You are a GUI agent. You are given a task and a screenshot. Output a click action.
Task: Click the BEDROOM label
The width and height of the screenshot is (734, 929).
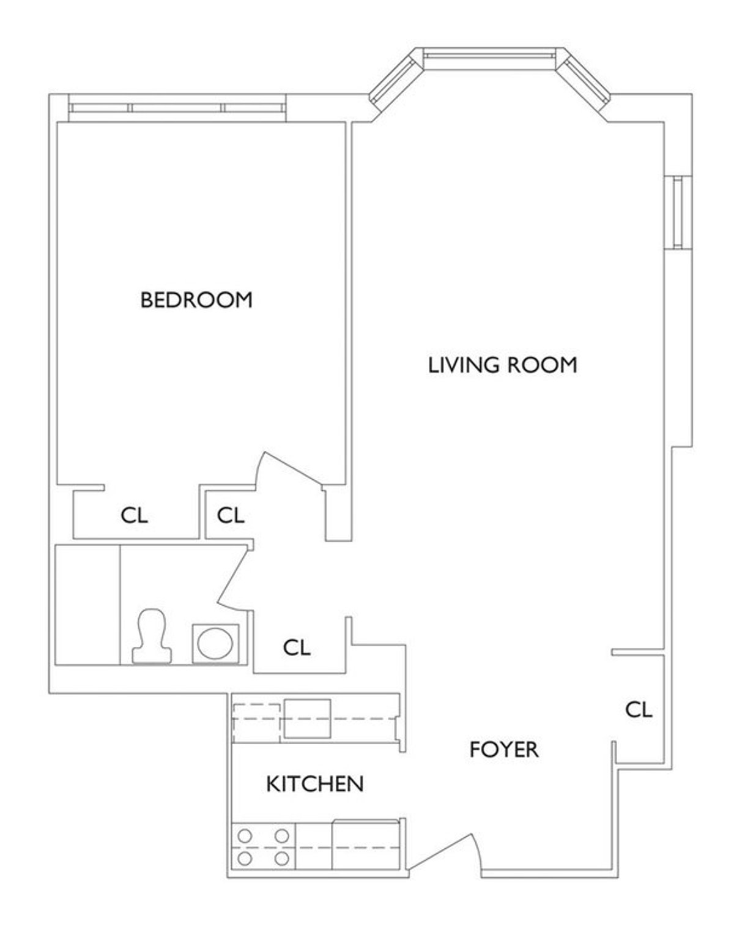coord(196,300)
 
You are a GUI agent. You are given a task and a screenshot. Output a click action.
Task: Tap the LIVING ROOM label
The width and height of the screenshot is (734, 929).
coord(502,365)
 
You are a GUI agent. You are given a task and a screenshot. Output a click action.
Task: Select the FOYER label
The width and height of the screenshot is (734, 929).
coord(504,750)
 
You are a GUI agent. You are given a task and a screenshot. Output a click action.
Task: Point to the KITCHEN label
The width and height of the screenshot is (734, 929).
coord(314,784)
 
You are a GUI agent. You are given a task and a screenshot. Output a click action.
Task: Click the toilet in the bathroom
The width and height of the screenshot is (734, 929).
coord(152,636)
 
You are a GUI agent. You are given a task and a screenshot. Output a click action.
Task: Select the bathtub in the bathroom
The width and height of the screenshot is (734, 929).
coord(87,605)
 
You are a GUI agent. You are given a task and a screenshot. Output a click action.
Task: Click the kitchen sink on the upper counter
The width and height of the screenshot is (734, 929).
coord(307,718)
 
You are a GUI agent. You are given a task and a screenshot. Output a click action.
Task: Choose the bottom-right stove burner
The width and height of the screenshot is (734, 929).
coord(282,859)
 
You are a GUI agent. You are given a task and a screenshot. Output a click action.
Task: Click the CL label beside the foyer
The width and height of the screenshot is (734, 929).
coord(639,709)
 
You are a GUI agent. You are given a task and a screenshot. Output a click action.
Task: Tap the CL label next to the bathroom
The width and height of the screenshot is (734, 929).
coord(297,647)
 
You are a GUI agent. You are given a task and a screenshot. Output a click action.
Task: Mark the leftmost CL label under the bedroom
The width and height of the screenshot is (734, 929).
coord(134,515)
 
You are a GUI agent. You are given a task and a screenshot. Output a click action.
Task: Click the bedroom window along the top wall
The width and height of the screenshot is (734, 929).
coord(177,108)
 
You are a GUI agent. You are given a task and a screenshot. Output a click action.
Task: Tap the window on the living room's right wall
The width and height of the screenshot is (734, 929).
coord(678,212)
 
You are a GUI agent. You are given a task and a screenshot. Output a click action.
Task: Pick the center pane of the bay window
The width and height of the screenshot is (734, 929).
coord(489,55)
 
